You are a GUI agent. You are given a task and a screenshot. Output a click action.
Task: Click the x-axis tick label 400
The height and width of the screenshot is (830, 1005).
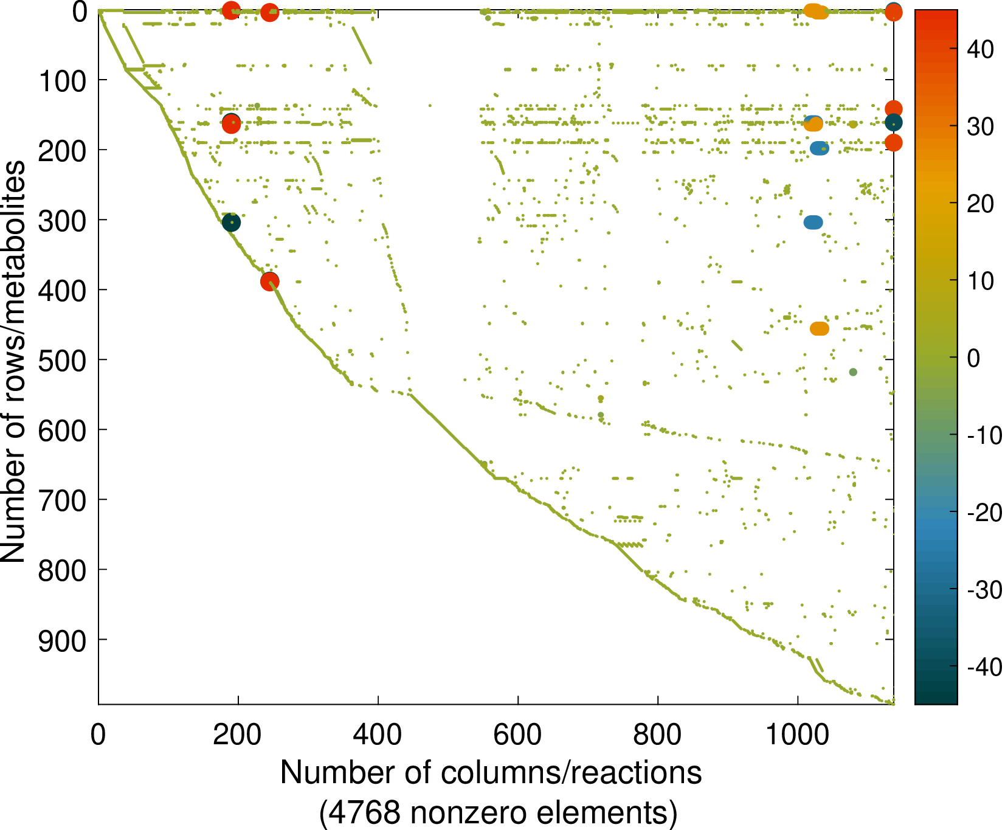pos(378,735)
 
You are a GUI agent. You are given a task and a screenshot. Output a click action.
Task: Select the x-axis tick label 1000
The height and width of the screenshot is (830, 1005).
pos(797,735)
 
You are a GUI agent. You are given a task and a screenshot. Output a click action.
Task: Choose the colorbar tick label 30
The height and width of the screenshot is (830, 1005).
pos(980,126)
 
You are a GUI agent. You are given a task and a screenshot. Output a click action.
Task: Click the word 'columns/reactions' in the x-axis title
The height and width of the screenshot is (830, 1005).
pos(570,773)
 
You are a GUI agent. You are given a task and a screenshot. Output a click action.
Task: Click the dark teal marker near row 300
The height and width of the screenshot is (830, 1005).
pos(231,223)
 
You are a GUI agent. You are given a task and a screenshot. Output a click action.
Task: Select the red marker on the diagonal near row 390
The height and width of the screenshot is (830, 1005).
pos(270,282)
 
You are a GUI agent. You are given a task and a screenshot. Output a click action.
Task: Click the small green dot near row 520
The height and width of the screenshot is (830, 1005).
pos(853,372)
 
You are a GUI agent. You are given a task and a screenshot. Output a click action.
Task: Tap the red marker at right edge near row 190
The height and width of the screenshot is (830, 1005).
pos(893,143)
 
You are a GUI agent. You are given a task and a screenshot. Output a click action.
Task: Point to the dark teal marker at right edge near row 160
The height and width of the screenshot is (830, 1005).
pos(893,123)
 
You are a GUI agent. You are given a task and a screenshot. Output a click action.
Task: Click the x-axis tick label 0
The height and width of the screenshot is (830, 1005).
pos(98,735)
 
